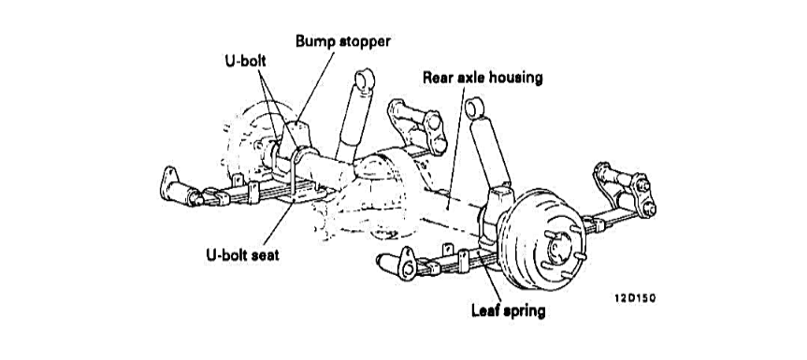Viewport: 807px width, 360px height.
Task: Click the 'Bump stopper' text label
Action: (x=342, y=41)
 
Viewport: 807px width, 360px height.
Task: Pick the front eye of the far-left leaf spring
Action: (x=170, y=178)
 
